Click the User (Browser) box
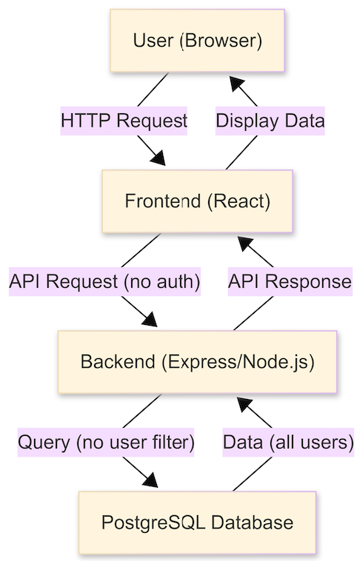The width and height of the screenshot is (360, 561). [197, 41]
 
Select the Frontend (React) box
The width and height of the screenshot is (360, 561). [197, 201]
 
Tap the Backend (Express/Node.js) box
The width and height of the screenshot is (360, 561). [197, 362]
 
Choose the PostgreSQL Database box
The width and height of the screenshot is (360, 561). [197, 523]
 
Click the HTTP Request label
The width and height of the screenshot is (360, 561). [124, 121]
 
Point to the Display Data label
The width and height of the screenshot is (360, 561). [270, 121]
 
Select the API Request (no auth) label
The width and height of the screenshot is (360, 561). [104, 281]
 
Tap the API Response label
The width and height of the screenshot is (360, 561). [290, 281]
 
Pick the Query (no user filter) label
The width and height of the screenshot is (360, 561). [106, 443]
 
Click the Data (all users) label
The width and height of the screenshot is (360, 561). [288, 443]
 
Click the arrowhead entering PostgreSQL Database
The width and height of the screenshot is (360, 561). [151, 480]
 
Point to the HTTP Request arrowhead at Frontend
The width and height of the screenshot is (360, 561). [159, 158]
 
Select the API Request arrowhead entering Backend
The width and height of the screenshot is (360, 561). [150, 320]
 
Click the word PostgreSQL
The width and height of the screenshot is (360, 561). [153, 523]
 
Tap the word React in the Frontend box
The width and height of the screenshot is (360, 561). [239, 201]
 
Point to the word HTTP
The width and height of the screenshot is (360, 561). [86, 120]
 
